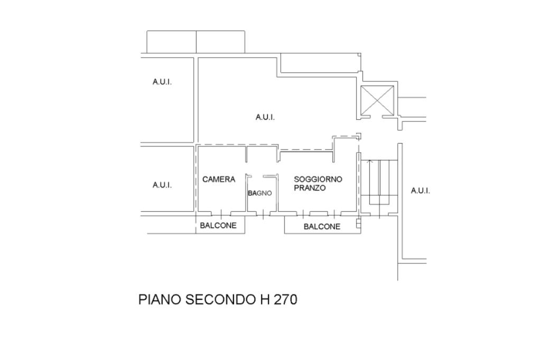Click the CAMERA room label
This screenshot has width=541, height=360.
(219, 179)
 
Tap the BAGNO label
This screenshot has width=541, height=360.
(259, 193)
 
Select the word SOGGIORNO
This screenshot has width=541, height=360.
(318, 179)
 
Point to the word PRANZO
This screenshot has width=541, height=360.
(310, 188)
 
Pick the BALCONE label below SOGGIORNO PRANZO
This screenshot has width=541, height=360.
(322, 227)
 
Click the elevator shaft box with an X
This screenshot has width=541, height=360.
(377, 99)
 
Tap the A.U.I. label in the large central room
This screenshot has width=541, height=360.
(265, 117)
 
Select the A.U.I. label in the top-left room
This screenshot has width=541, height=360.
(162, 82)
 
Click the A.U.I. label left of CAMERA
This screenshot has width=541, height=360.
(162, 185)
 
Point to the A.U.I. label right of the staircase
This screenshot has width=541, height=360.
(420, 191)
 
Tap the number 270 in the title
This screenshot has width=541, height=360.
(285, 300)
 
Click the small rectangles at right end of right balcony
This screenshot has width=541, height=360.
(359, 224)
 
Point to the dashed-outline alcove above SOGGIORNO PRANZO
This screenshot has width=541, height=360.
(346, 145)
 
